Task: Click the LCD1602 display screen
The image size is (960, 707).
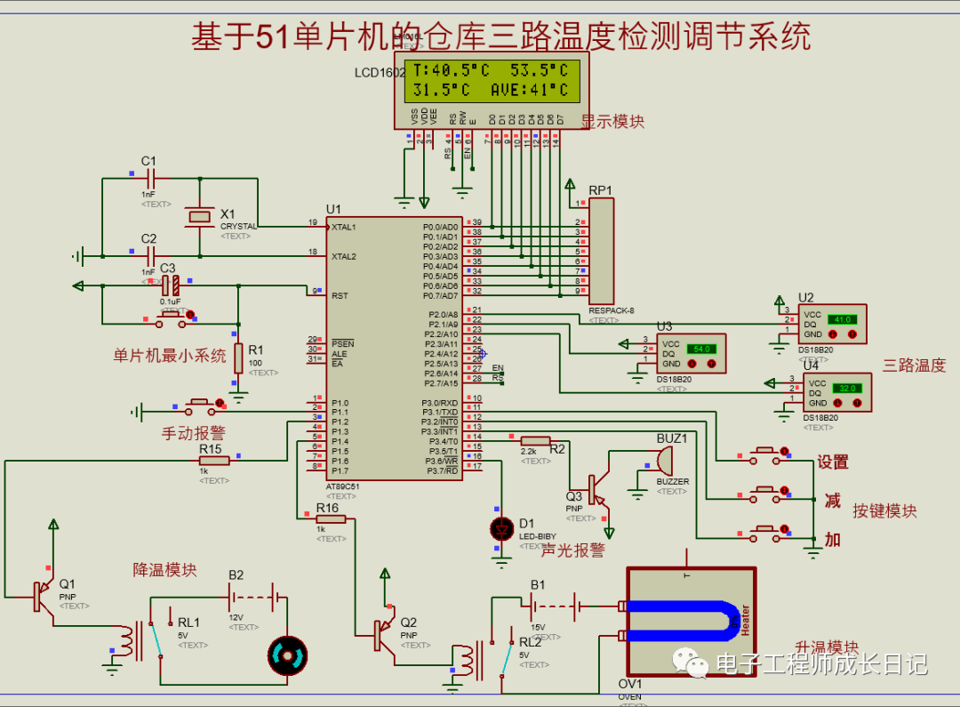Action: click(491, 79)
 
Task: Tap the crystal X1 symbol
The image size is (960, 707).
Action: click(200, 215)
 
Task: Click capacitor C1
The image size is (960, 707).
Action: click(148, 178)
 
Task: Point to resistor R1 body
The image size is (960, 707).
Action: click(238, 358)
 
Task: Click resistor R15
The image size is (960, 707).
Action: click(214, 461)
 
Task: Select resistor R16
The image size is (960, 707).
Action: click(330, 518)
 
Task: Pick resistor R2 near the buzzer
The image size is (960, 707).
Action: click(535, 440)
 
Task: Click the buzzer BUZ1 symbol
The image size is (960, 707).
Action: click(661, 461)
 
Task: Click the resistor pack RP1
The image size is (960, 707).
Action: click(602, 251)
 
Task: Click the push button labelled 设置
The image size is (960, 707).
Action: click(764, 454)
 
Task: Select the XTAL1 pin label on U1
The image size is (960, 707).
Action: click(344, 227)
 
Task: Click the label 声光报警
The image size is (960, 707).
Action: click(573, 551)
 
